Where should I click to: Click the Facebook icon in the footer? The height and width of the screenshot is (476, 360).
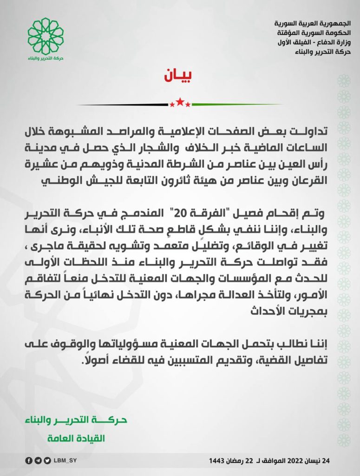(x=28, y=461)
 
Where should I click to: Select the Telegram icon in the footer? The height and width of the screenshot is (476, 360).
(x=38, y=461)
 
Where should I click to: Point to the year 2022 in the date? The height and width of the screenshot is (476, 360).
(x=297, y=461)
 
